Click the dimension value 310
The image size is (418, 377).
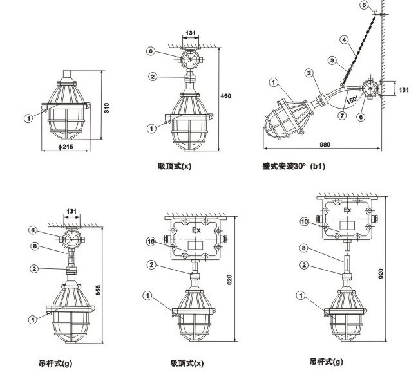tap(107, 108)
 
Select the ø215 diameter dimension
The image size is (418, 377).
tap(66, 147)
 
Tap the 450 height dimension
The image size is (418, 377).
tap(226, 96)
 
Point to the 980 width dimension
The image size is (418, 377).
tap(325, 145)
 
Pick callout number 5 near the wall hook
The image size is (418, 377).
tap(365, 5)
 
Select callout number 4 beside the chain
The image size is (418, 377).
tap(345, 40)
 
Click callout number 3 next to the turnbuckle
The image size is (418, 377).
tap(332, 60)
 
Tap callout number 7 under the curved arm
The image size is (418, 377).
tap(342, 116)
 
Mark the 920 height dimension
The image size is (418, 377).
tap(381, 273)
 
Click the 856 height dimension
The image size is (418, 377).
tap(98, 290)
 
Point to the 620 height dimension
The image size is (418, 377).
tap(229, 280)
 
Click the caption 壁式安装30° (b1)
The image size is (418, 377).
tap(294, 167)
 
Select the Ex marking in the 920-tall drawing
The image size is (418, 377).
tap(347, 210)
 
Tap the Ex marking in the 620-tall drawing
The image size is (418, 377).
tap(196, 230)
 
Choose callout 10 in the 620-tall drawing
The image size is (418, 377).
tap(151, 242)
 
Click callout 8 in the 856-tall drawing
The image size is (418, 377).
tap(35, 246)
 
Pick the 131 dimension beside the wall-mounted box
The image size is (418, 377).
tap(404, 90)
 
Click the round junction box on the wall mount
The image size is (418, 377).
tap(370, 88)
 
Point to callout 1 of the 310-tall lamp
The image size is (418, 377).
tap(28, 118)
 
